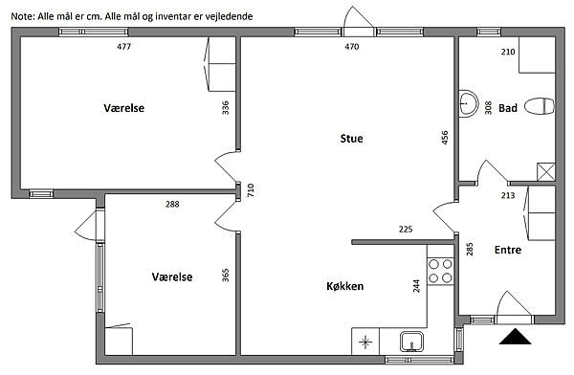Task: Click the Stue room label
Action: (x=351, y=139)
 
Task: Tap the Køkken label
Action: (x=344, y=286)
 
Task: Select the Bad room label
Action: (x=508, y=108)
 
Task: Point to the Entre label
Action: (x=508, y=250)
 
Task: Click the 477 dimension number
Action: (x=124, y=47)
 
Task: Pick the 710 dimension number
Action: (x=251, y=190)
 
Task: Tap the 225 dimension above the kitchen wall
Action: (x=406, y=230)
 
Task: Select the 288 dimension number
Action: (x=172, y=204)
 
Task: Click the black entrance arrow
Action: (x=515, y=337)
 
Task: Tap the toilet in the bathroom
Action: (x=540, y=106)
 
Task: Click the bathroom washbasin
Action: (x=468, y=103)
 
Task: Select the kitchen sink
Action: (x=411, y=342)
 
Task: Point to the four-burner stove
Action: (x=440, y=271)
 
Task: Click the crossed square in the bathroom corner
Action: (x=546, y=172)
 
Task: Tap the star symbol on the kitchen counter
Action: (x=365, y=342)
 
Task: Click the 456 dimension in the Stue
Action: (x=445, y=138)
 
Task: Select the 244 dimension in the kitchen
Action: (x=416, y=286)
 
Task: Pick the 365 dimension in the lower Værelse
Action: (x=226, y=276)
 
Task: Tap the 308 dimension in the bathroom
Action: (x=488, y=108)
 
